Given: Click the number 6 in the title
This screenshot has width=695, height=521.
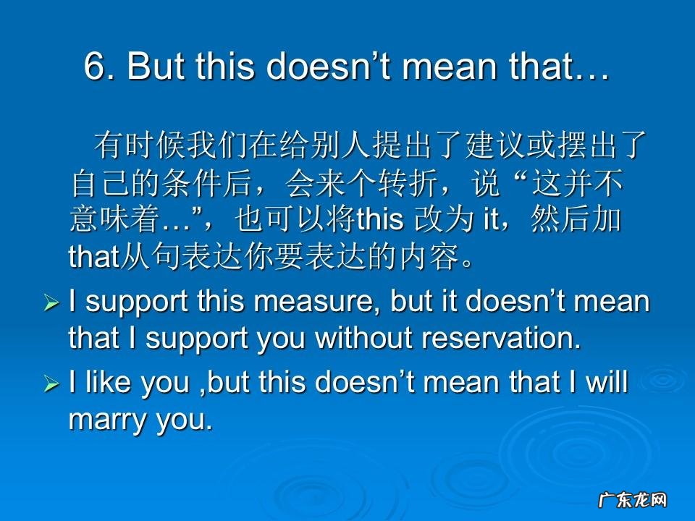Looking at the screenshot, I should click(x=94, y=67).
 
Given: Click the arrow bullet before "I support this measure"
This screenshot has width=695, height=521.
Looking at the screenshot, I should click(x=51, y=303).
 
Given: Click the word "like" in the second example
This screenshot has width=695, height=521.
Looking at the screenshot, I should click(x=109, y=384).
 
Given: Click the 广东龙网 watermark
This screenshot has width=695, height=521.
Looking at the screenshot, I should click(x=632, y=500).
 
